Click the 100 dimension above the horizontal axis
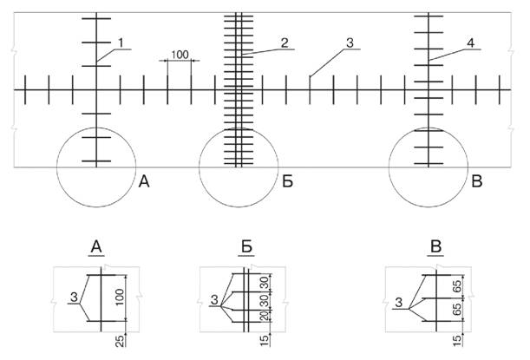click(180, 55)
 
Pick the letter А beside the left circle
click(144, 181)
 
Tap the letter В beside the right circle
click(476, 181)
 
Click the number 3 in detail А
click(74, 298)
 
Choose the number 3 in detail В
click(398, 303)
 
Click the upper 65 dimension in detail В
click(457, 286)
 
